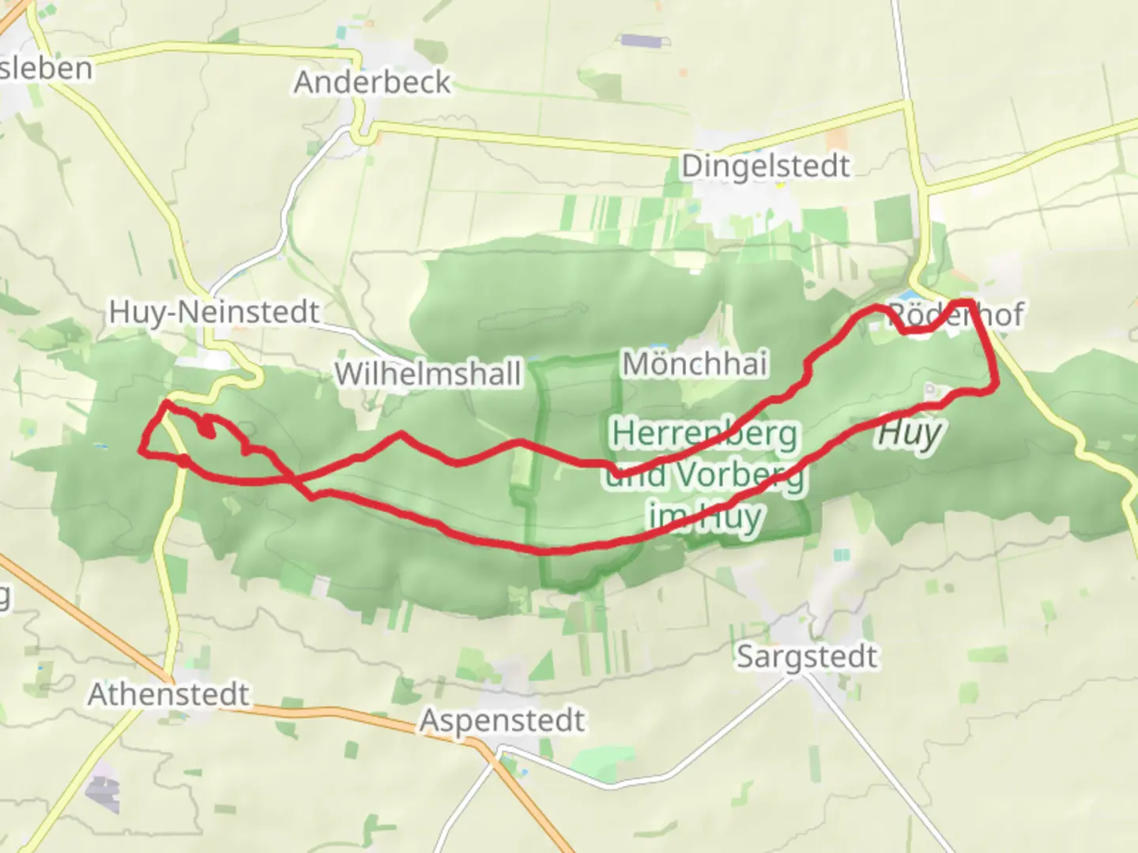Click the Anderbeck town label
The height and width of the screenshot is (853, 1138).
tap(371, 82)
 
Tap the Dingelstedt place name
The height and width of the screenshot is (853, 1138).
tap(765, 166)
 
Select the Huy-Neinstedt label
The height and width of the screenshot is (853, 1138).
tap(213, 312)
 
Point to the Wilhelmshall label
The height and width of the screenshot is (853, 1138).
tap(428, 374)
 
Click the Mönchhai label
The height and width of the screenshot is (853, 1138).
tap(695, 363)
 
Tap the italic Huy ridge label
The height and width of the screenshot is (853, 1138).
tap(910, 433)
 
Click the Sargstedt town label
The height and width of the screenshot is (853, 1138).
tap(806, 657)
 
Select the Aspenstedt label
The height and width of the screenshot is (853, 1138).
tap(502, 720)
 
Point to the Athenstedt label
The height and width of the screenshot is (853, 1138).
tap(168, 695)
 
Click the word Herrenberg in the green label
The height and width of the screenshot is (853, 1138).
tap(705, 434)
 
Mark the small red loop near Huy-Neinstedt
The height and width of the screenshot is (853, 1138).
tap(207, 426)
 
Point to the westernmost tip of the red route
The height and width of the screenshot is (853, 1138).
tap(141, 450)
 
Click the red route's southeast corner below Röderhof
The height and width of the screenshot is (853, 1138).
tap(995, 386)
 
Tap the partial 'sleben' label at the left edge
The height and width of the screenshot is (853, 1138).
tap(45, 68)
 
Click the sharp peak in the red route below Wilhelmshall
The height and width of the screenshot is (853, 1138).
tap(401, 434)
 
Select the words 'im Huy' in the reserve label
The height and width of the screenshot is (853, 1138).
tap(705, 517)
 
